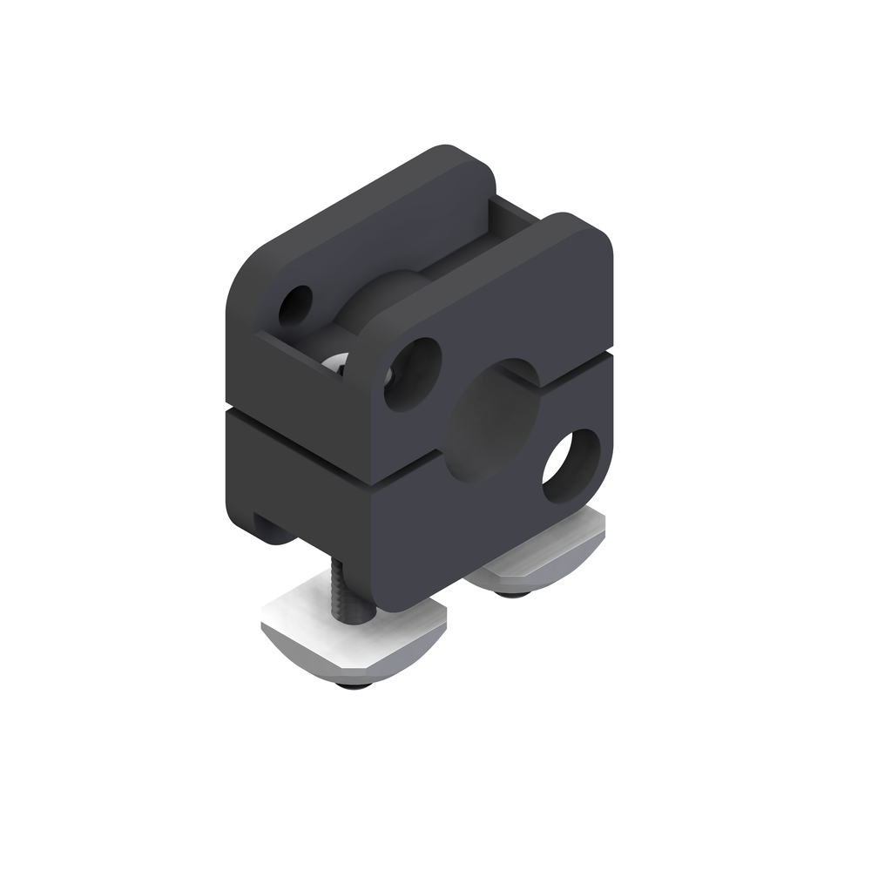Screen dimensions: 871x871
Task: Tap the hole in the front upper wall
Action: tap(412, 374)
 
